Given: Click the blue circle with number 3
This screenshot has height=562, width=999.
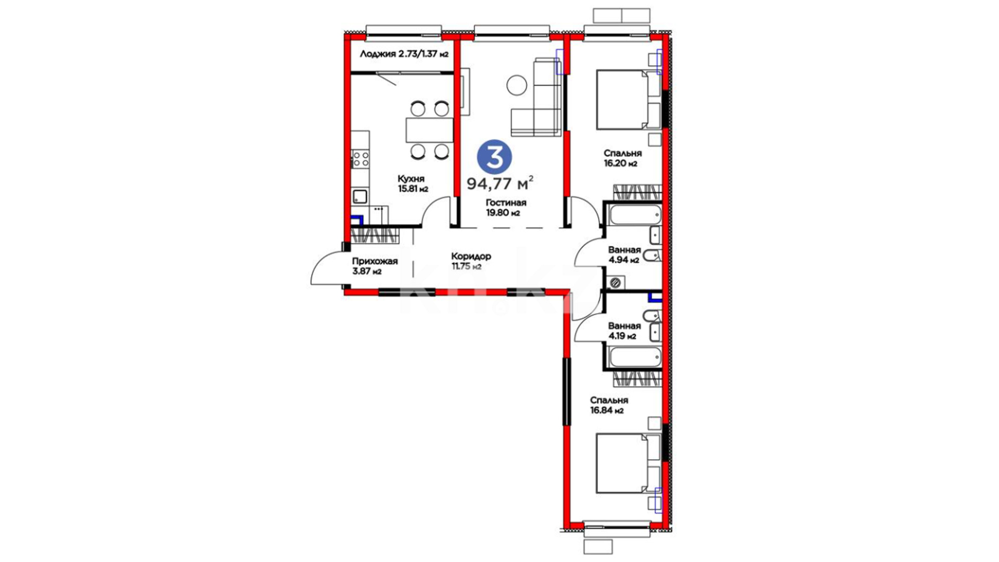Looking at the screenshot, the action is (x=494, y=157).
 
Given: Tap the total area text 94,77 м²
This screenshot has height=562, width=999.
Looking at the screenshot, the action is (x=500, y=183).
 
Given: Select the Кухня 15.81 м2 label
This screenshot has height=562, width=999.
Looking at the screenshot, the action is (x=413, y=184).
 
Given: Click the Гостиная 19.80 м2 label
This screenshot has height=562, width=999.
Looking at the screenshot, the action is (x=506, y=208).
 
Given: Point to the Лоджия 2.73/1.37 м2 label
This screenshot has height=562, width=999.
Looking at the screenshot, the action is (x=404, y=54).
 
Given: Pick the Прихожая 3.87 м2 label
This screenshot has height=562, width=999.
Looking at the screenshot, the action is (x=375, y=266).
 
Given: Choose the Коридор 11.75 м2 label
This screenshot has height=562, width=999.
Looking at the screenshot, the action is (x=471, y=261).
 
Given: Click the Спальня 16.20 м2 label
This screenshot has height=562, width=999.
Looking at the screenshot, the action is (x=622, y=158).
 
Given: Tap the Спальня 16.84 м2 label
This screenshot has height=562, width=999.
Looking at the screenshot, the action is (x=609, y=405).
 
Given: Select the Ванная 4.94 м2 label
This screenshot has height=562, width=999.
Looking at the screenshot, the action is (x=624, y=255).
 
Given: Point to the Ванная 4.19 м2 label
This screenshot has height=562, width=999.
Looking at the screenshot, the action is (x=624, y=331).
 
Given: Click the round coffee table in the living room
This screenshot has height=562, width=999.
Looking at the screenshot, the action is (x=517, y=85).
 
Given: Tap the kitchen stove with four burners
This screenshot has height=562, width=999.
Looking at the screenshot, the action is (x=360, y=159).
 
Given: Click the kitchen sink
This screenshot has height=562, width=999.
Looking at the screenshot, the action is (x=360, y=197).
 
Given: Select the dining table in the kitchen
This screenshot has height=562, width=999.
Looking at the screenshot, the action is (x=429, y=130).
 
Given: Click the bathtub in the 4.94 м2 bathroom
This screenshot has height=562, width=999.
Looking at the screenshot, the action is (x=634, y=214).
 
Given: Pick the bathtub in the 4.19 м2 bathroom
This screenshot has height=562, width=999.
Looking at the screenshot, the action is (x=635, y=357).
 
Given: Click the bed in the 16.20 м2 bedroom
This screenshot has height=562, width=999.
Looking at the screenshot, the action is (x=629, y=99).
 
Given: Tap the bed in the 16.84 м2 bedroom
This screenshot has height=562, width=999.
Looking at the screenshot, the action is (x=629, y=463).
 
